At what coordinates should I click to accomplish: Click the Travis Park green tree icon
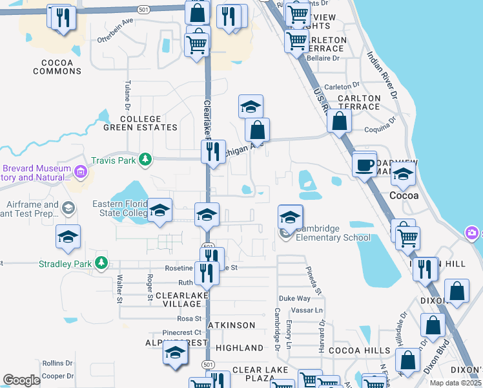(147, 158)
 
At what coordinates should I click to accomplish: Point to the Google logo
(21, 380)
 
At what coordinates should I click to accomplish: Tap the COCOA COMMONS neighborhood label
(57, 67)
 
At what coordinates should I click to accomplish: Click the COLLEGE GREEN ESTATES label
(140, 123)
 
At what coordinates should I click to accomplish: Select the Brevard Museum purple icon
(81, 172)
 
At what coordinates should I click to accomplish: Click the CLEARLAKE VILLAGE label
(179, 299)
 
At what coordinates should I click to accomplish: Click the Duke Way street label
(294, 298)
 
